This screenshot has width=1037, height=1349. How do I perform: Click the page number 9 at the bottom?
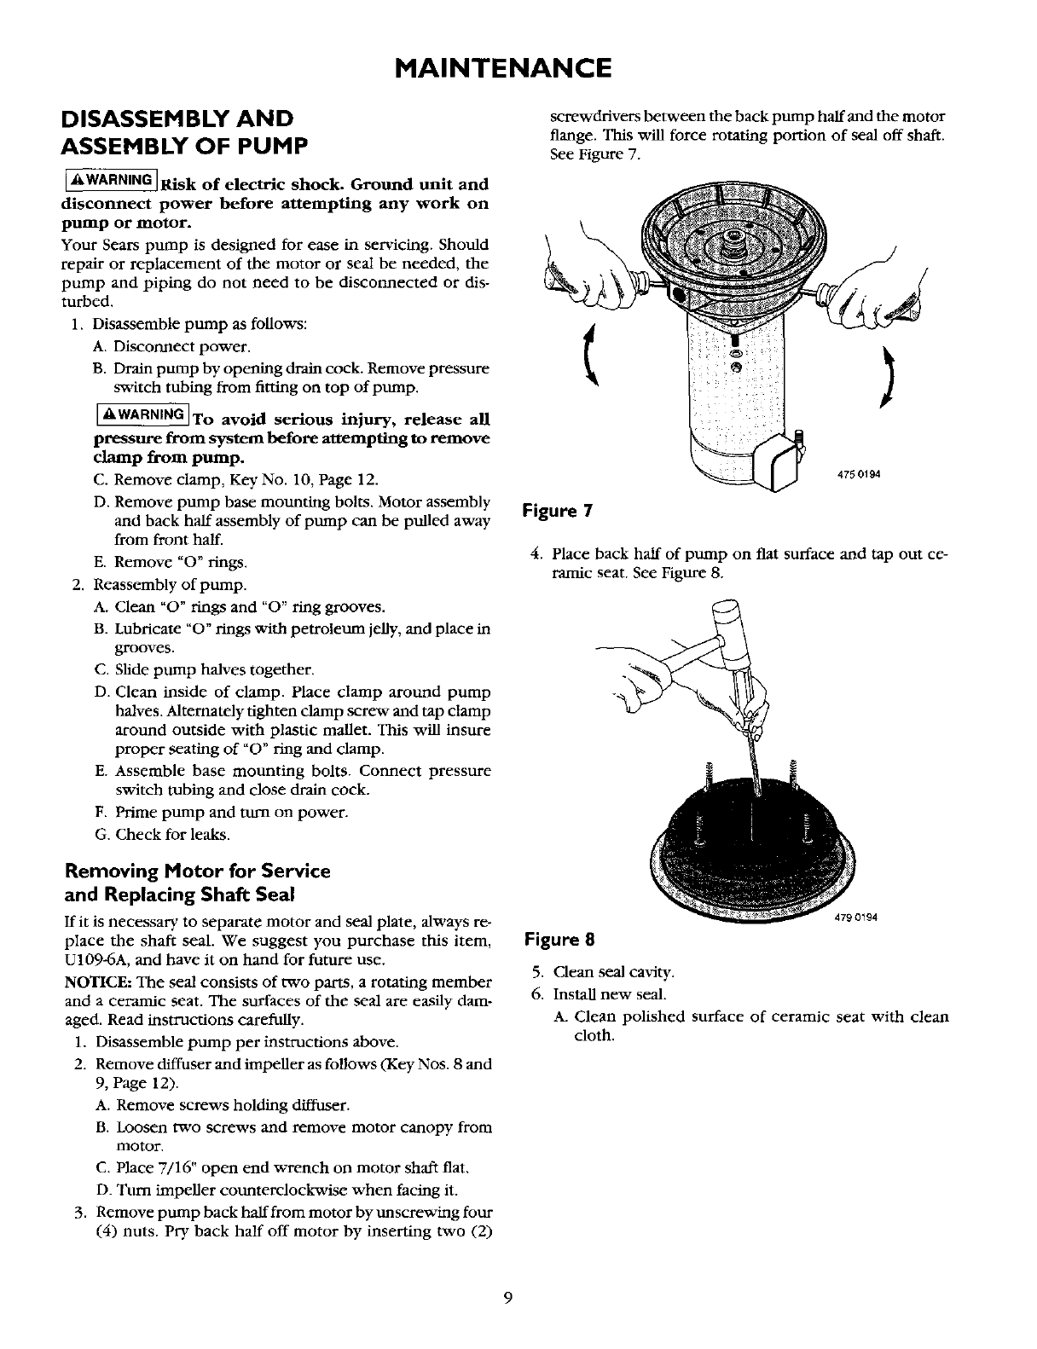click(x=507, y=1298)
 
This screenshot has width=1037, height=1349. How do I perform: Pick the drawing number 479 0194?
click(x=855, y=918)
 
